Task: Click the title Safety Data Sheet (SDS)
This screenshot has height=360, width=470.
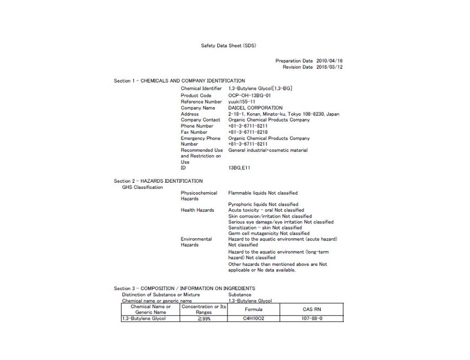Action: coord(228,45)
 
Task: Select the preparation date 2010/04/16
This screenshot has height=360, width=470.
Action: coord(329,61)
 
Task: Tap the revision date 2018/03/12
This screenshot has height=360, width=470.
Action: coord(329,67)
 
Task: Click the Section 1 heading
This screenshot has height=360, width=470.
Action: coord(179,81)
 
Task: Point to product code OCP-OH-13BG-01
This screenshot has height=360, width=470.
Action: coord(249,95)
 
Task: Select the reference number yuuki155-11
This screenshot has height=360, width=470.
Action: coord(242,101)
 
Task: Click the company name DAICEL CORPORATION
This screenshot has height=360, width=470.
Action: coord(255,108)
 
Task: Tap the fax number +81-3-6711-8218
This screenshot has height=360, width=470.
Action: coord(247,132)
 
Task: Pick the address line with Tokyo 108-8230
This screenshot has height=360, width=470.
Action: coord(283,114)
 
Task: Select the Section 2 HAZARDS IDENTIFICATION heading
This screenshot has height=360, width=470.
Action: coord(158,181)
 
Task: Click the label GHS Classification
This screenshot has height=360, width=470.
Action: coord(142,187)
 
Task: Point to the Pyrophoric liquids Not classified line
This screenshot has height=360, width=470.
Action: coord(263,205)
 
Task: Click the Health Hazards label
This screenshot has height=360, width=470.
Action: coord(197,210)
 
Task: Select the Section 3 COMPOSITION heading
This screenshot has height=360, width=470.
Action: coord(184,288)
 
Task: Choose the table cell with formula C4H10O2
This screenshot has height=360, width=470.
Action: coord(253,319)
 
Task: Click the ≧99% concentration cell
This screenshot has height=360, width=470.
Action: coord(204,319)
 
